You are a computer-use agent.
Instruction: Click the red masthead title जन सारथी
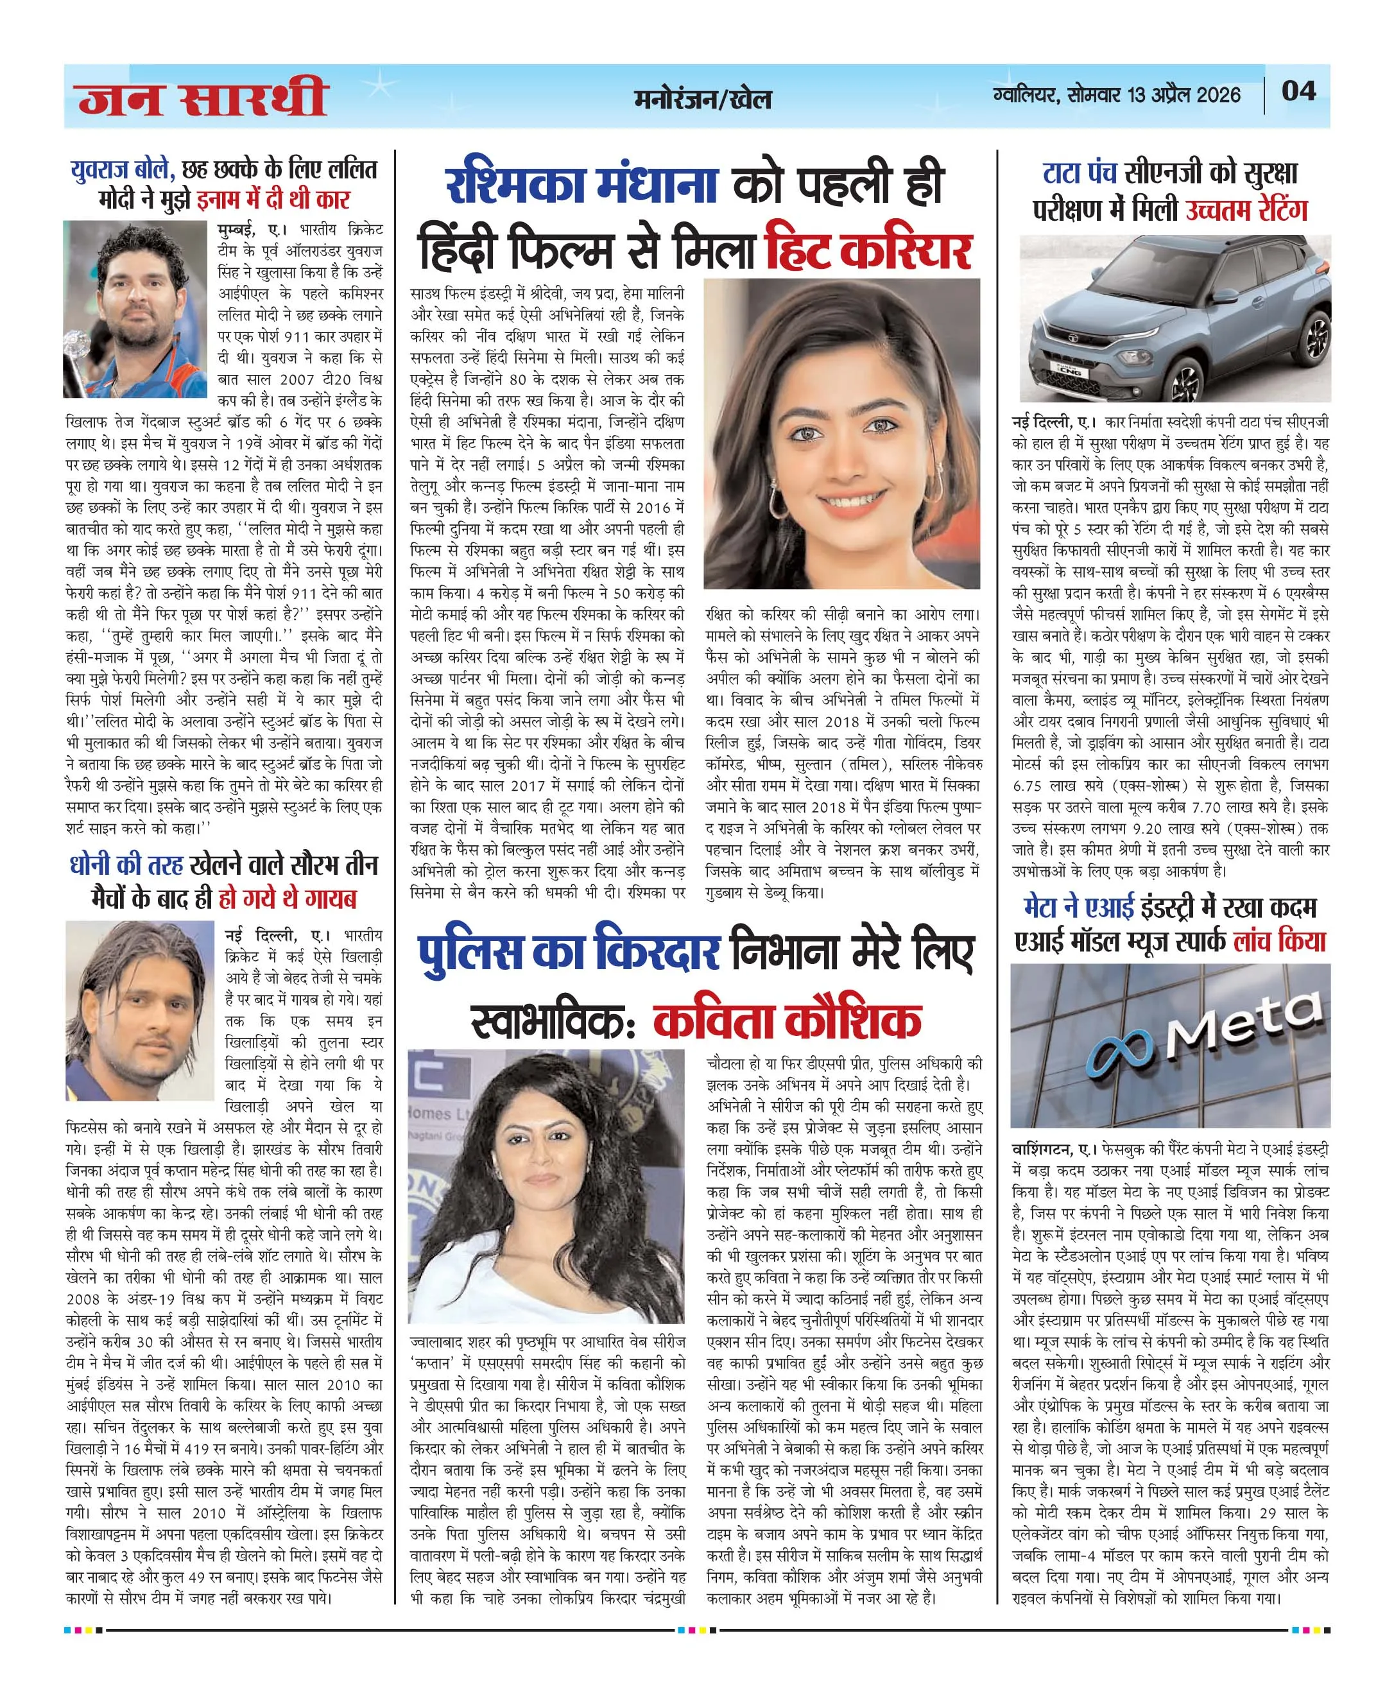(202, 98)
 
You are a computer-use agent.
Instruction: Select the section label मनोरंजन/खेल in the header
(702, 98)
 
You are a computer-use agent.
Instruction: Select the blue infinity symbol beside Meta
(1120, 1053)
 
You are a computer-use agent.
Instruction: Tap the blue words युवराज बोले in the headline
(122, 169)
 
